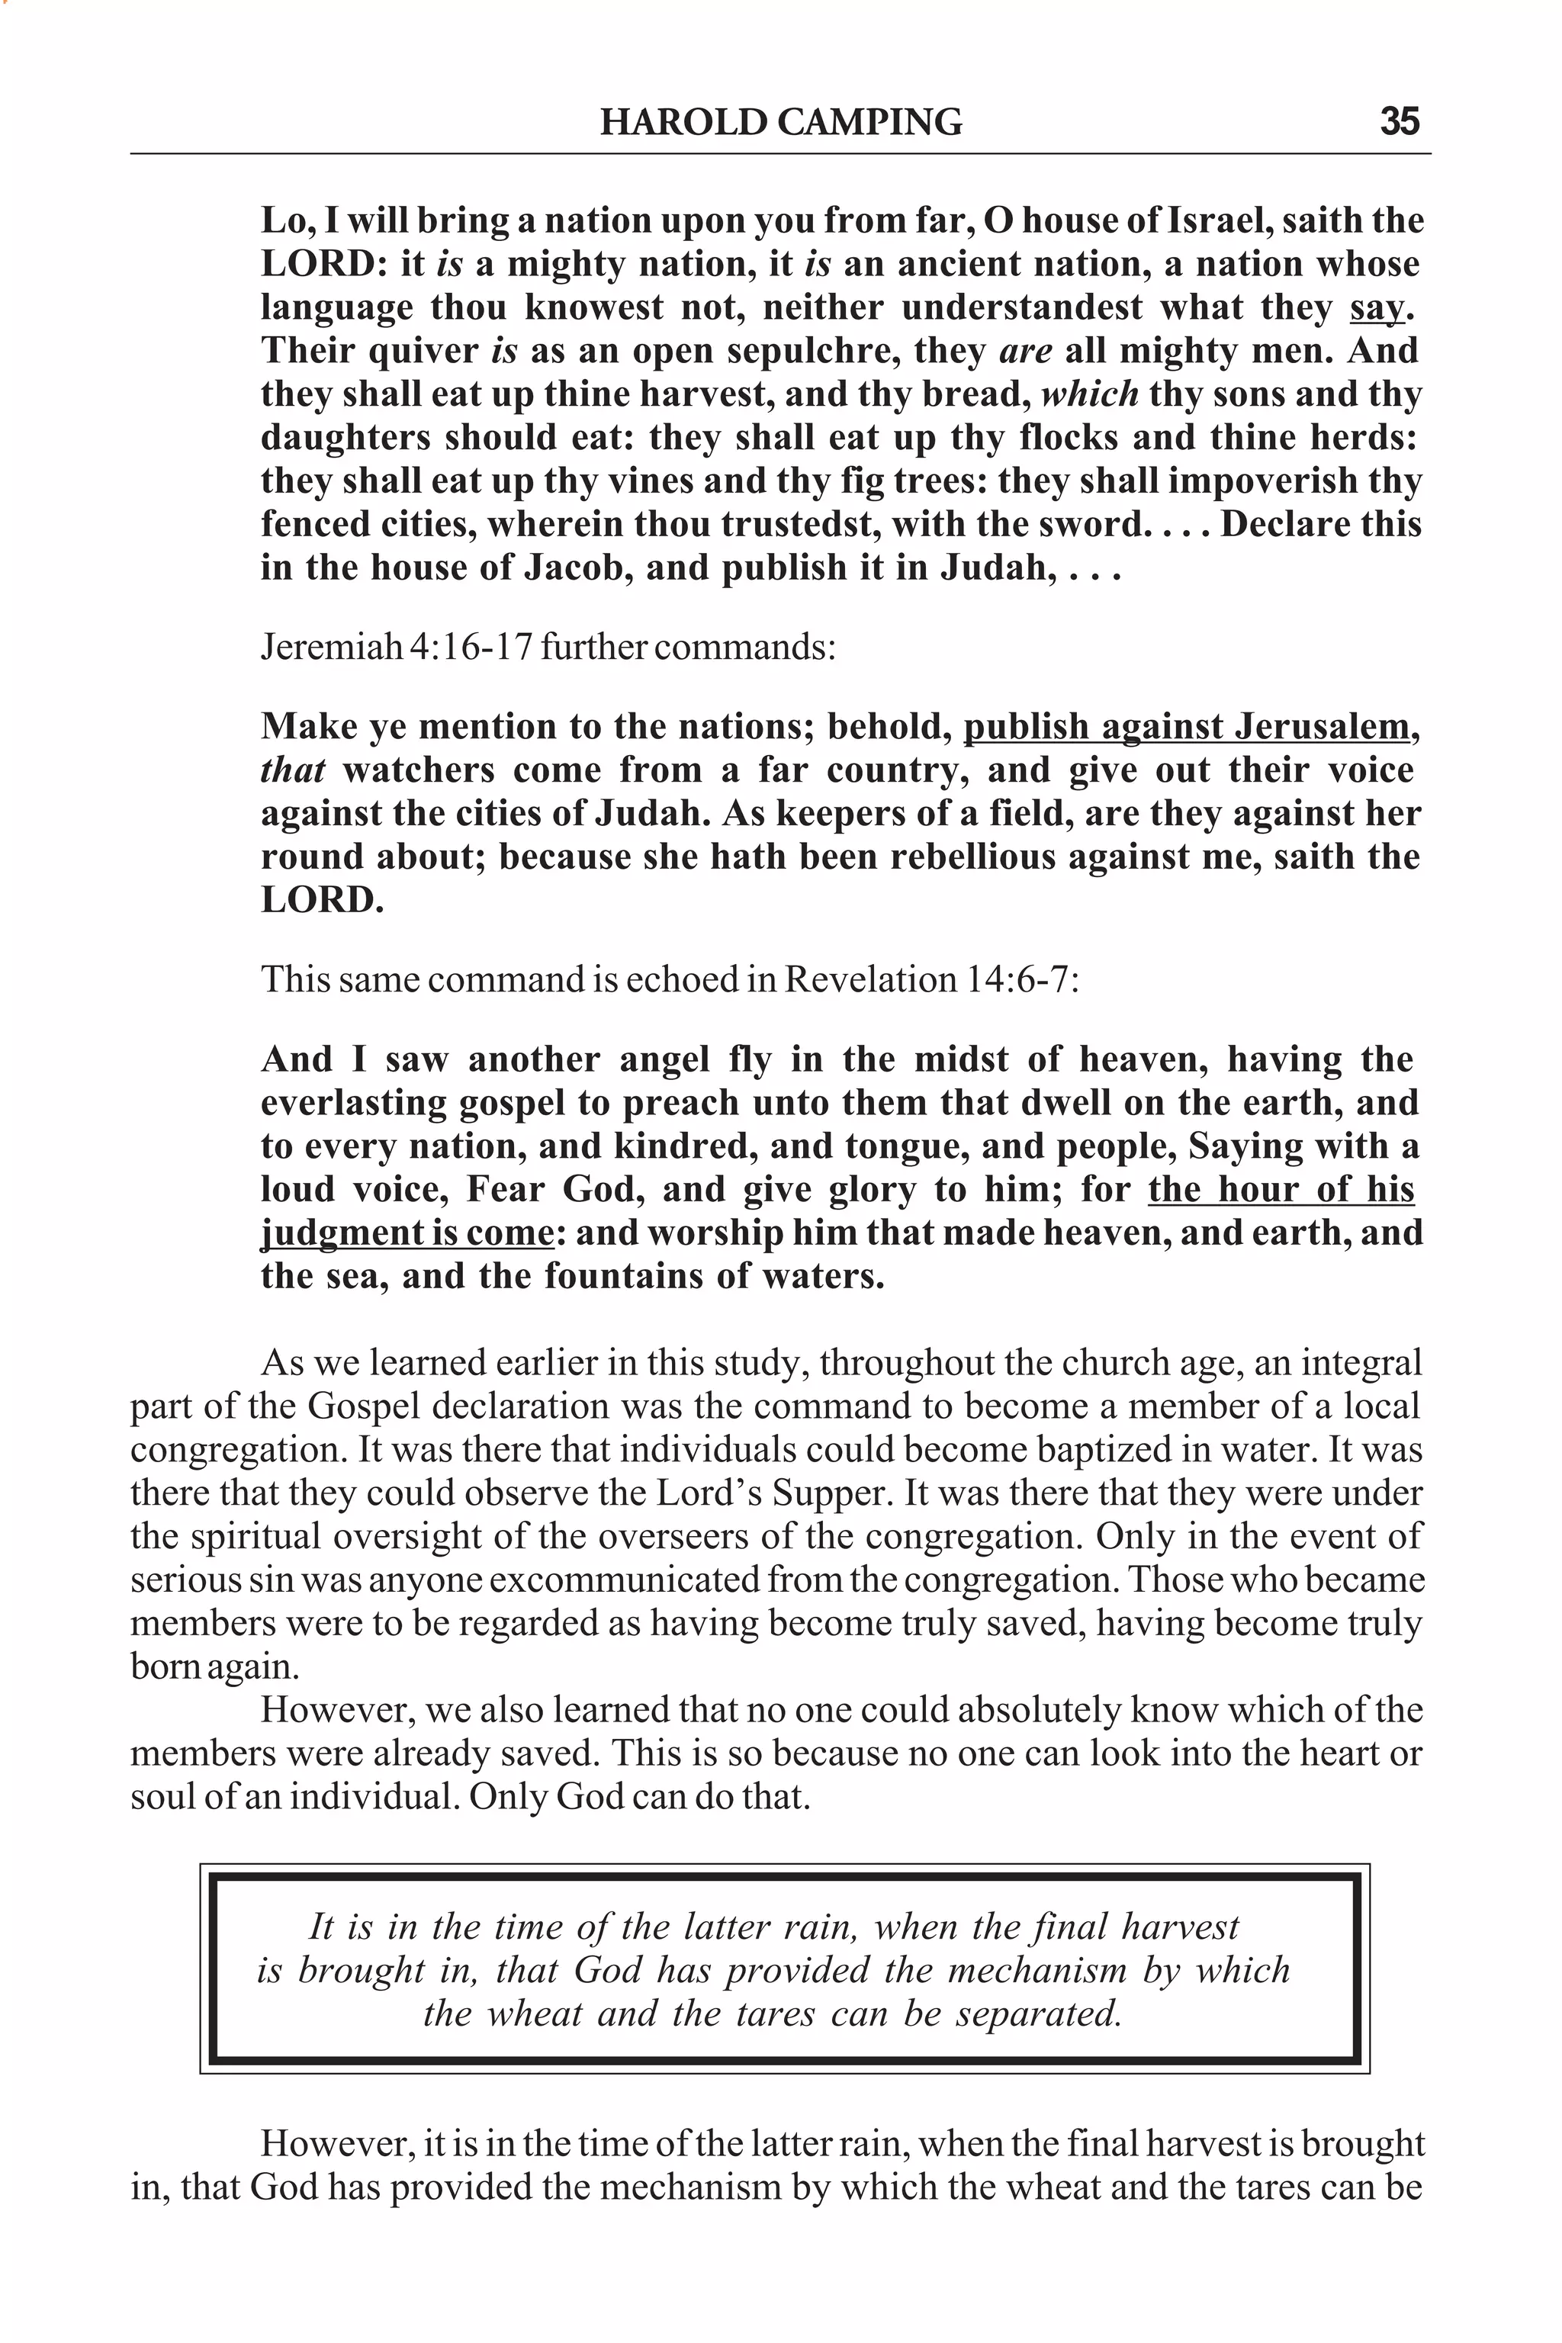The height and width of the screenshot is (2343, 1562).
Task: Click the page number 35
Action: (1399, 121)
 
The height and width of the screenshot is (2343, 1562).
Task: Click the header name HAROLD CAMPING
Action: (781, 121)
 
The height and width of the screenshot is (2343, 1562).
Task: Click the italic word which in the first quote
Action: (1090, 394)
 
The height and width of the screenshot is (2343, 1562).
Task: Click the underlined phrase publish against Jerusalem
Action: (1185, 727)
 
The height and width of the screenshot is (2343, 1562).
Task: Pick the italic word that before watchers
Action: (293, 770)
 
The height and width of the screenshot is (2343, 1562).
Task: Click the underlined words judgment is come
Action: (407, 1233)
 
